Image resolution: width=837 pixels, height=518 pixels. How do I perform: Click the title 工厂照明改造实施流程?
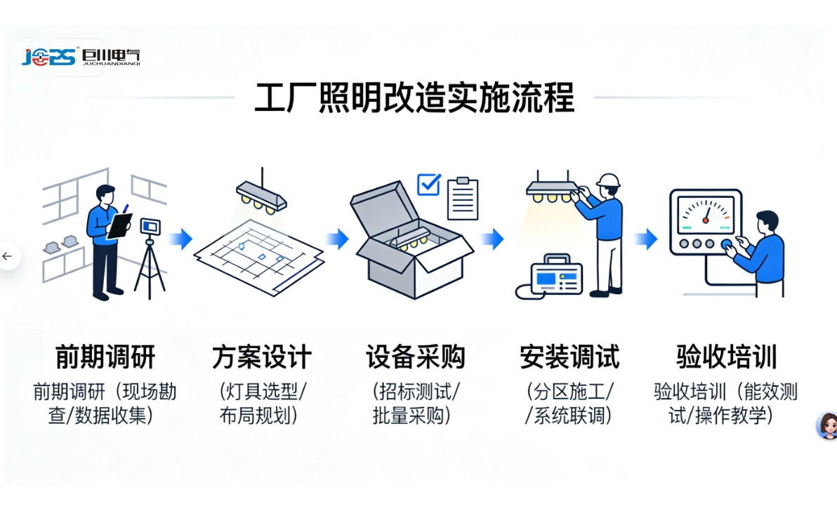(414, 98)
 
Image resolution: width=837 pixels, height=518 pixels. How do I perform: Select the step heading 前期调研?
(105, 357)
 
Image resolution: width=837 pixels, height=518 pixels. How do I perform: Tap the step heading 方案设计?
(261, 357)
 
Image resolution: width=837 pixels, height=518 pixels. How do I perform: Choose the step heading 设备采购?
(415, 357)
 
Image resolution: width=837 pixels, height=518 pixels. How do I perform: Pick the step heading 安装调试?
(569, 357)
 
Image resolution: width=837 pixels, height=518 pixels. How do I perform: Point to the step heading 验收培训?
(726, 357)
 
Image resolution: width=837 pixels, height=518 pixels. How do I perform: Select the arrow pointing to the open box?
(338, 239)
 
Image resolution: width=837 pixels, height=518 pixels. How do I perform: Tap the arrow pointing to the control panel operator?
(645, 239)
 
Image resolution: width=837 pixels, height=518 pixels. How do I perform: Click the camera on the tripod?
(150, 227)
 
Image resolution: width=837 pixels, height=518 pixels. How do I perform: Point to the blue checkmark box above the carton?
(428, 185)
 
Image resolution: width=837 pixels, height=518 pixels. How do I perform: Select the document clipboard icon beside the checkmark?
(462, 198)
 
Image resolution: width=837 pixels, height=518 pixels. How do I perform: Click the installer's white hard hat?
(608, 180)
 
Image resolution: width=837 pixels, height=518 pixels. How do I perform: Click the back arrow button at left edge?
(8, 256)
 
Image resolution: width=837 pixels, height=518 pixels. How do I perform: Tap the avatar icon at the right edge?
(827, 425)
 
